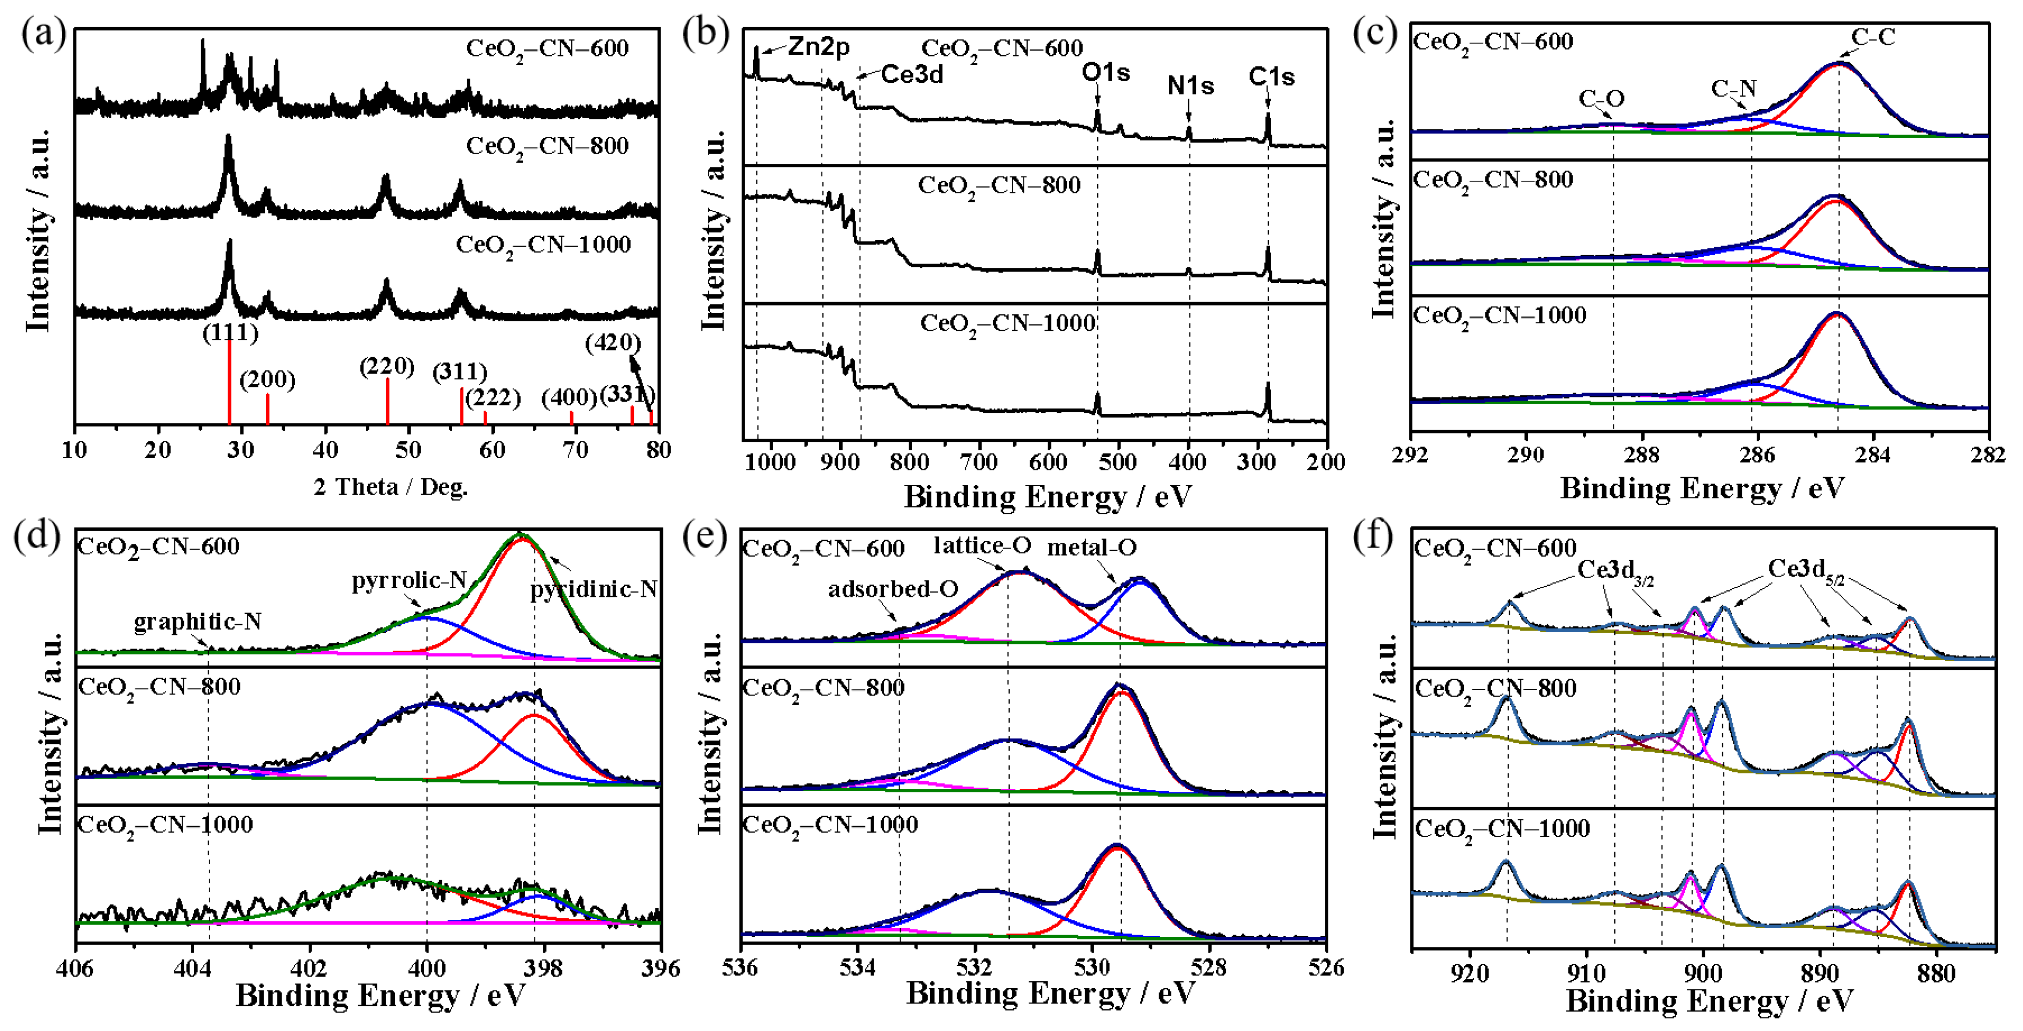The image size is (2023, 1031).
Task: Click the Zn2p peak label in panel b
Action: pyautogui.click(x=818, y=47)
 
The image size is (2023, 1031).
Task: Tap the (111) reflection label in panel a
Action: pyautogui.click(x=230, y=333)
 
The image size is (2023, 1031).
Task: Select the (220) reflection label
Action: pyautogui.click(x=387, y=366)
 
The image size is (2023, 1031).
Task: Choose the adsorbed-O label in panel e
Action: pyautogui.click(x=893, y=589)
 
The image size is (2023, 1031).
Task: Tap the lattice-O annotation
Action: pyautogui.click(x=982, y=545)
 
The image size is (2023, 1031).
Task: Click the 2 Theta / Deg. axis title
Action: pyautogui.click(x=390, y=488)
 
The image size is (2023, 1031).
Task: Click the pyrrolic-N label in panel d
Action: pyautogui.click(x=408, y=581)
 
